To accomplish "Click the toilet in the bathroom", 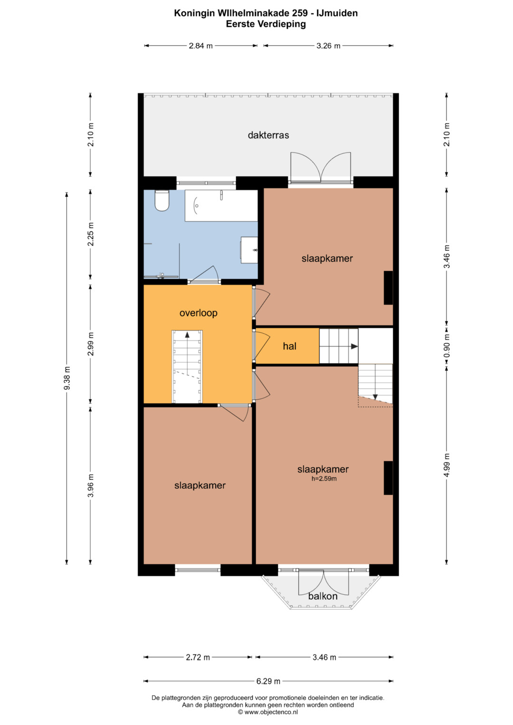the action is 162,200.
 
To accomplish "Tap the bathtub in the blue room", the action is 221,206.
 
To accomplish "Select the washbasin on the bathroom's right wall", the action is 249,250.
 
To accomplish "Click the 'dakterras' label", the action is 268,135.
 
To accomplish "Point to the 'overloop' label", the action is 198,313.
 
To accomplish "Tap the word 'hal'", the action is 290,346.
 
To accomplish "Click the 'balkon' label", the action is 323,596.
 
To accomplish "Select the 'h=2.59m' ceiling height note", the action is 324,479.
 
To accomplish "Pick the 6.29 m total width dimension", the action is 268,681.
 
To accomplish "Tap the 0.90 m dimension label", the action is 446,346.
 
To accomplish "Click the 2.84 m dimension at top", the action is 201,46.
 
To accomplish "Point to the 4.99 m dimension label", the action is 446,465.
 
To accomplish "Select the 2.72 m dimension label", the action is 198,658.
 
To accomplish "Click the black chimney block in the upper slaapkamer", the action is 389,288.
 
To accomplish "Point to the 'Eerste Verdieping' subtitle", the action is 266,24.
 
